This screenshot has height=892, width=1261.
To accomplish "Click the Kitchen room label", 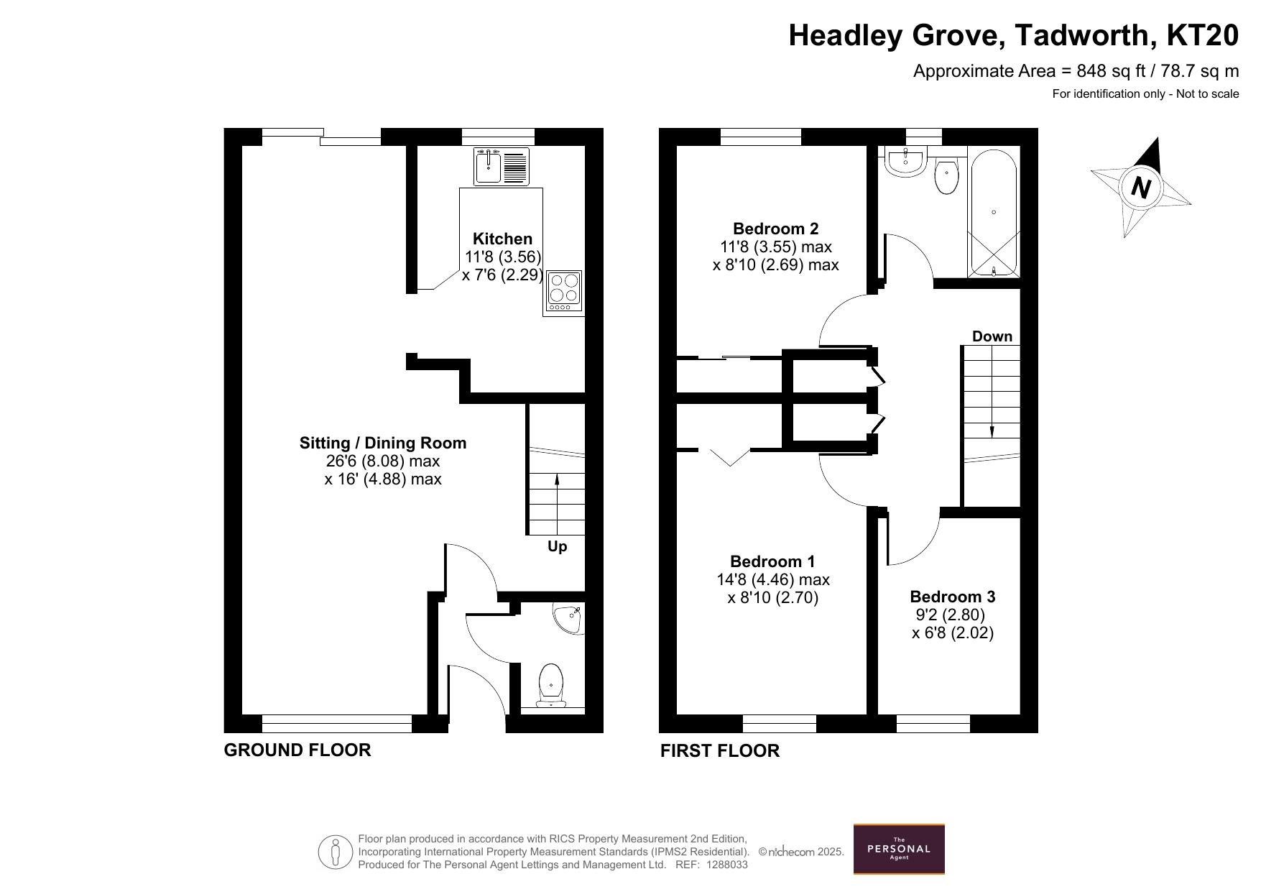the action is (x=502, y=239).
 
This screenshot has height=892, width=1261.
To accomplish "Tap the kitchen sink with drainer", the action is (x=502, y=166).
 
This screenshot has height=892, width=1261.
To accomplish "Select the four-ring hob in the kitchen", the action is (x=563, y=293).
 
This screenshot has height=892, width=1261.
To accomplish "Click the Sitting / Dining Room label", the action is (x=383, y=443).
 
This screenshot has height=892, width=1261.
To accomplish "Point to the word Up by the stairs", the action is (x=558, y=546).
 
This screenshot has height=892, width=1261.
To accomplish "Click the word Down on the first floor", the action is (x=992, y=336).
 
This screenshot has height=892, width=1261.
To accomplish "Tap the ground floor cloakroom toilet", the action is (x=551, y=685).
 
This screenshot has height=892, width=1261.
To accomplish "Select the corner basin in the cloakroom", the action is (x=570, y=618).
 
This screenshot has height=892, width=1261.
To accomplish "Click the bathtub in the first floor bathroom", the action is (x=994, y=213).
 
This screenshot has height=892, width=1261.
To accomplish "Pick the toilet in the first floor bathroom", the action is (x=947, y=175).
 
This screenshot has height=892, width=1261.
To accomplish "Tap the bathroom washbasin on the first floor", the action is (x=905, y=161).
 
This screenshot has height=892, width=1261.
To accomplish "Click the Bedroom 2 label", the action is (x=775, y=229).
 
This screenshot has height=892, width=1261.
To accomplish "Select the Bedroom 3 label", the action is (x=953, y=597).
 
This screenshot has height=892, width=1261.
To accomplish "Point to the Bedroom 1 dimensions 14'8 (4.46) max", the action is (x=773, y=579).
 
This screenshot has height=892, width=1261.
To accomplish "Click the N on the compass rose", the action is (x=1140, y=188).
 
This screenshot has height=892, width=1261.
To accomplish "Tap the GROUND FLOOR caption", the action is (x=297, y=750).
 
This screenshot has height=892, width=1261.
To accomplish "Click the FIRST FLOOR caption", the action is (x=720, y=750).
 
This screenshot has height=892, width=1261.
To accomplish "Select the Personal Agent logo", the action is (x=899, y=849).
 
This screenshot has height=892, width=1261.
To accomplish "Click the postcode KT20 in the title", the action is (x=1204, y=35).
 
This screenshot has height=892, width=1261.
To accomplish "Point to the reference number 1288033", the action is (x=728, y=865).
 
